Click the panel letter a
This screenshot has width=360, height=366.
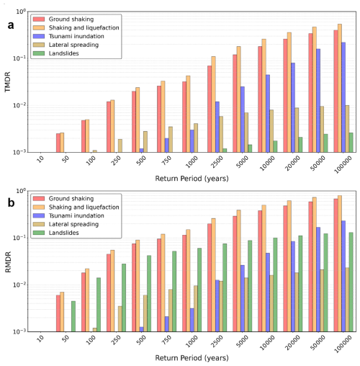point(11,25)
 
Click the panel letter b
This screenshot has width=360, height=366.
point(11,203)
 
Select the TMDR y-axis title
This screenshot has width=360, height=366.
point(8,81)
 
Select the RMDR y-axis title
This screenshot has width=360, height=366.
point(8,262)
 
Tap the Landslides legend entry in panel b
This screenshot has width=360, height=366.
point(56,233)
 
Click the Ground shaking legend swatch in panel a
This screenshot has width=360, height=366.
point(39,19)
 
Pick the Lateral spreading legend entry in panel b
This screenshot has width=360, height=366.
point(66,224)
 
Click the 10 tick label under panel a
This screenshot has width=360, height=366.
point(40,159)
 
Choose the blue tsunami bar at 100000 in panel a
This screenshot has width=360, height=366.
point(343,97)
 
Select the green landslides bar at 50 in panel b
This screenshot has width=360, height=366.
point(73,316)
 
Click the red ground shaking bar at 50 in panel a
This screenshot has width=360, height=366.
point(58,143)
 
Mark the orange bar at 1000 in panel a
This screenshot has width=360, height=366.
point(188,114)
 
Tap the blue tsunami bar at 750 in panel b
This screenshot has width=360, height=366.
point(167,324)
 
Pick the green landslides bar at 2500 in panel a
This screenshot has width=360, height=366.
point(225,151)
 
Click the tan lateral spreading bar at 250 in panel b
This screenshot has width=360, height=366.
point(120,319)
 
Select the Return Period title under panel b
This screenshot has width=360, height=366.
point(192,358)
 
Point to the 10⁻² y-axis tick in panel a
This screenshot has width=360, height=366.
point(20,105)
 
